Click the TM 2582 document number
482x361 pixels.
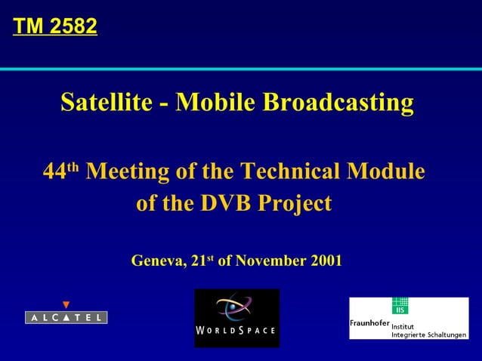tap(55, 27)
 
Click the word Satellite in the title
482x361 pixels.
tap(106, 102)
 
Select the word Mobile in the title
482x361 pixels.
tap(215, 102)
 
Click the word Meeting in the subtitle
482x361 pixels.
tap(128, 171)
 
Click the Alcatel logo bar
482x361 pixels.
tap(66, 317)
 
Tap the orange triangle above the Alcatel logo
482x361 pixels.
tap(66, 305)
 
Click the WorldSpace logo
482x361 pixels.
tap(236, 318)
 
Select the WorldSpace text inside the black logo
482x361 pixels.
tap(236, 332)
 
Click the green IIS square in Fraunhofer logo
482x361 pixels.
tap(399, 306)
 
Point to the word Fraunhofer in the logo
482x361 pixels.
tap(369, 323)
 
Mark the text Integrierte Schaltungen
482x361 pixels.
tap(428, 334)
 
